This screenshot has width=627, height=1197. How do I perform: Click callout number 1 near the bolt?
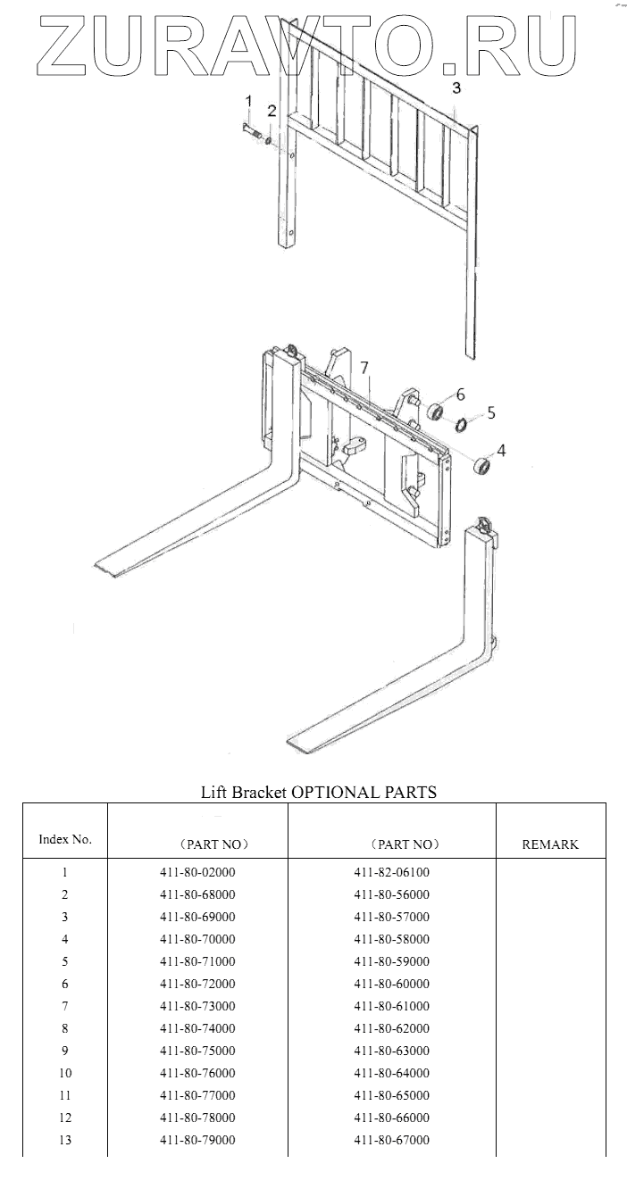tap(249, 101)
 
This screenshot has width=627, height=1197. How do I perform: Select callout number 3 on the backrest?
tap(456, 87)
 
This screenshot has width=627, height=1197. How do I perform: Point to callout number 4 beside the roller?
tap(501, 451)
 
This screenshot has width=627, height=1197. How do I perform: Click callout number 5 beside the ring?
tap(491, 413)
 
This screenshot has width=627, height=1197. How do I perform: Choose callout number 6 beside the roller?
tap(461, 394)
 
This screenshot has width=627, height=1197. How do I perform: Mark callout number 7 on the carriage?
tap(364, 368)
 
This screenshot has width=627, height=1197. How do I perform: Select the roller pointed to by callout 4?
tap(481, 466)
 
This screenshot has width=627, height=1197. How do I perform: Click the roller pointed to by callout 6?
tap(436, 411)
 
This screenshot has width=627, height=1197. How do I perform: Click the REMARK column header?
tap(550, 844)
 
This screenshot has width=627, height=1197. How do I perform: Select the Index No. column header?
tap(65, 839)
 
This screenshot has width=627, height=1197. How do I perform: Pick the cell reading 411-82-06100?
tap(391, 872)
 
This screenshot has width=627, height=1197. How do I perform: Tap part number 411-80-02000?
tap(197, 872)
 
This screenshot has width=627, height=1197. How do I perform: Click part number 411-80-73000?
tap(197, 1006)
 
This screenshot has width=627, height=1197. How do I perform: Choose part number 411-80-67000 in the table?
tap(391, 1140)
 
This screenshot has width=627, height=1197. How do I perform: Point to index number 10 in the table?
tap(65, 1073)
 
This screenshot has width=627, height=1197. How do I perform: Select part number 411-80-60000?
tap(391, 984)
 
